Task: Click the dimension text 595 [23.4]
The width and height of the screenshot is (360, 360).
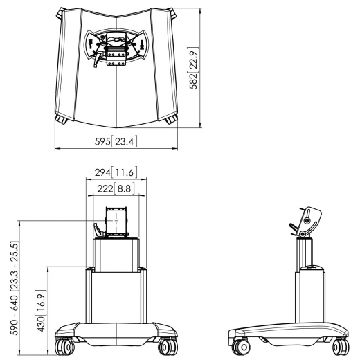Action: pyautogui.click(x=116, y=142)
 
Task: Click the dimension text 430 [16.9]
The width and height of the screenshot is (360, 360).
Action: pyautogui.click(x=42, y=309)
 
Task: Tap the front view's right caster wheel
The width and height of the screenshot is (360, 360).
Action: pyautogui.click(x=167, y=344)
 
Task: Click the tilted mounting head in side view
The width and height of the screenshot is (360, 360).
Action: pyautogui.click(x=307, y=219)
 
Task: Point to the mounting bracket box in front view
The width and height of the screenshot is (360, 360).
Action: pyautogui.click(x=116, y=223)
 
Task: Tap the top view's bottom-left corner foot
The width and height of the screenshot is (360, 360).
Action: pyautogui.click(x=60, y=118)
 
